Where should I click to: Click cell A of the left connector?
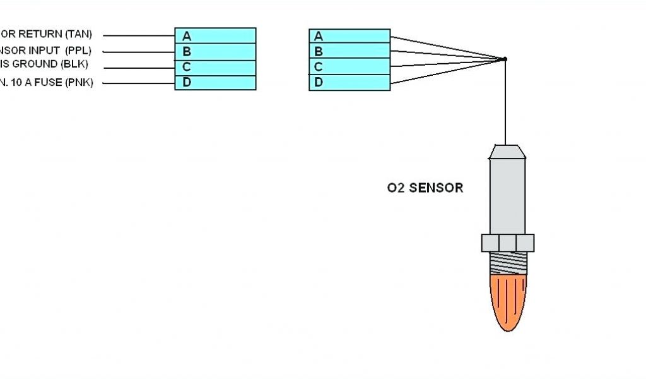click(x=215, y=35)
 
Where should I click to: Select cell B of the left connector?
click(x=215, y=52)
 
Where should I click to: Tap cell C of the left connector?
click(x=215, y=68)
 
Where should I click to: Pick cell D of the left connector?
click(x=215, y=82)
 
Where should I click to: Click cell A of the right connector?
click(x=349, y=35)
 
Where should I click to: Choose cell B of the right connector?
click(x=349, y=51)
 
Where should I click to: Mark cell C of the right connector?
click(x=349, y=66)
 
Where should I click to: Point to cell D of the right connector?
click(x=349, y=82)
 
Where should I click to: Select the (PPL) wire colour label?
click(x=78, y=50)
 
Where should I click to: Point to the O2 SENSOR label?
click(x=425, y=188)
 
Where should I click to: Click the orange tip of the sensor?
click(x=508, y=301)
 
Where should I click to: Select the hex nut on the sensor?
click(x=508, y=243)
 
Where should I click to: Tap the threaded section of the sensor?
click(x=508, y=262)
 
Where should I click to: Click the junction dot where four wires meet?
click(x=505, y=59)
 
